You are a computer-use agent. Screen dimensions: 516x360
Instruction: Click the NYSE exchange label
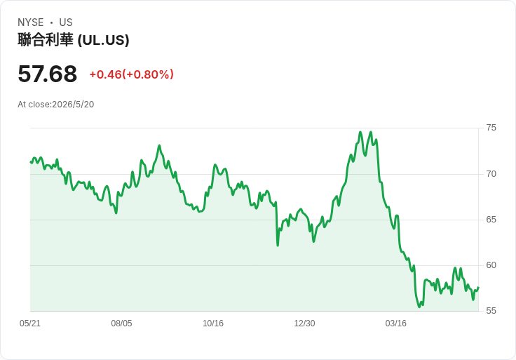pos(31,22)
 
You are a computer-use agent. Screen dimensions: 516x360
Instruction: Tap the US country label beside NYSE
pos(66,22)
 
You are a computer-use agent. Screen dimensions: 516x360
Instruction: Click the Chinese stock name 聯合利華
pos(46,40)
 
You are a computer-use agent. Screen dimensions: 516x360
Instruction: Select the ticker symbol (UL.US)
pos(103,40)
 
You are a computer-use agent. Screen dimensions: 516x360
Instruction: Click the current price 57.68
pos(48,74)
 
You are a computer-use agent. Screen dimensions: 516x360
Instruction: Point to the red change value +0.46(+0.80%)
pos(131,74)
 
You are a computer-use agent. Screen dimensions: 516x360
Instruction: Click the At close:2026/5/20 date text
pos(56,105)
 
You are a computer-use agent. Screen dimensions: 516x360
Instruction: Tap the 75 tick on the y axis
pos(491,128)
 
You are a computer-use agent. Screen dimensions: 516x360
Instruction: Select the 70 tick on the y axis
pos(491,174)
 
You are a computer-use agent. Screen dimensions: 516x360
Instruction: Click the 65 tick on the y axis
pos(491,220)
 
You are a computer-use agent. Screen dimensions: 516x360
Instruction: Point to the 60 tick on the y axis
pos(491,265)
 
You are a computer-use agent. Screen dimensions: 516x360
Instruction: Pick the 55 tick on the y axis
pos(491,311)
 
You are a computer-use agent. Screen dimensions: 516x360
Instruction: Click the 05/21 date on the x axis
pos(30,324)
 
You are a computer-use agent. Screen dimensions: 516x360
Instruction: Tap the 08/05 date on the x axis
pos(121,324)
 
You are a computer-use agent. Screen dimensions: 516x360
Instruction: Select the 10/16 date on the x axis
pos(213,324)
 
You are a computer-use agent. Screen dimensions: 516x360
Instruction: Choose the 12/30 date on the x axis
pos(304,324)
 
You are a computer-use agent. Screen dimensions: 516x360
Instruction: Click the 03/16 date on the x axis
pos(396,324)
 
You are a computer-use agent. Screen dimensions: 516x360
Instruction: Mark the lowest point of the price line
pos(419,307)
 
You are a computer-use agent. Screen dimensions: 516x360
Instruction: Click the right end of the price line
pos(478,287)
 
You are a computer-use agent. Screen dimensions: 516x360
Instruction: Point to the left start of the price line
pos(31,161)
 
